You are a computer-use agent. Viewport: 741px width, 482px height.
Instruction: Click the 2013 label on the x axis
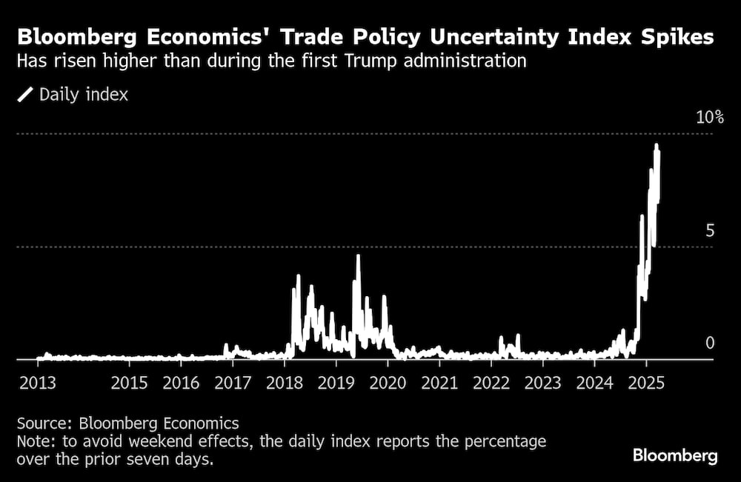point(36,384)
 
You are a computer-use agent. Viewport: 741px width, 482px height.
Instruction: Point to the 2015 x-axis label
point(130,384)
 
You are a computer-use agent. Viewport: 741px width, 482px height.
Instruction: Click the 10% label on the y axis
point(709,118)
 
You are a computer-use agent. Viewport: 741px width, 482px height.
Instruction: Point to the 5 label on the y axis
point(711,230)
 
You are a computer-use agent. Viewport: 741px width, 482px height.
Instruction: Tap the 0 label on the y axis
point(711,343)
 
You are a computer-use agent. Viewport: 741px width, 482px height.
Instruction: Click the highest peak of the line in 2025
point(657,146)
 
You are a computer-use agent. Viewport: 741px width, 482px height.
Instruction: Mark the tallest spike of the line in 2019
point(358,256)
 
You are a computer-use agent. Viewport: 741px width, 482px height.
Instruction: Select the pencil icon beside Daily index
point(26,95)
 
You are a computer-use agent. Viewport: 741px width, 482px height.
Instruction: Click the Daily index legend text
point(83,95)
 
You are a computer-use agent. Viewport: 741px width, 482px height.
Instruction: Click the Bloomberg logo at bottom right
point(675,455)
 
